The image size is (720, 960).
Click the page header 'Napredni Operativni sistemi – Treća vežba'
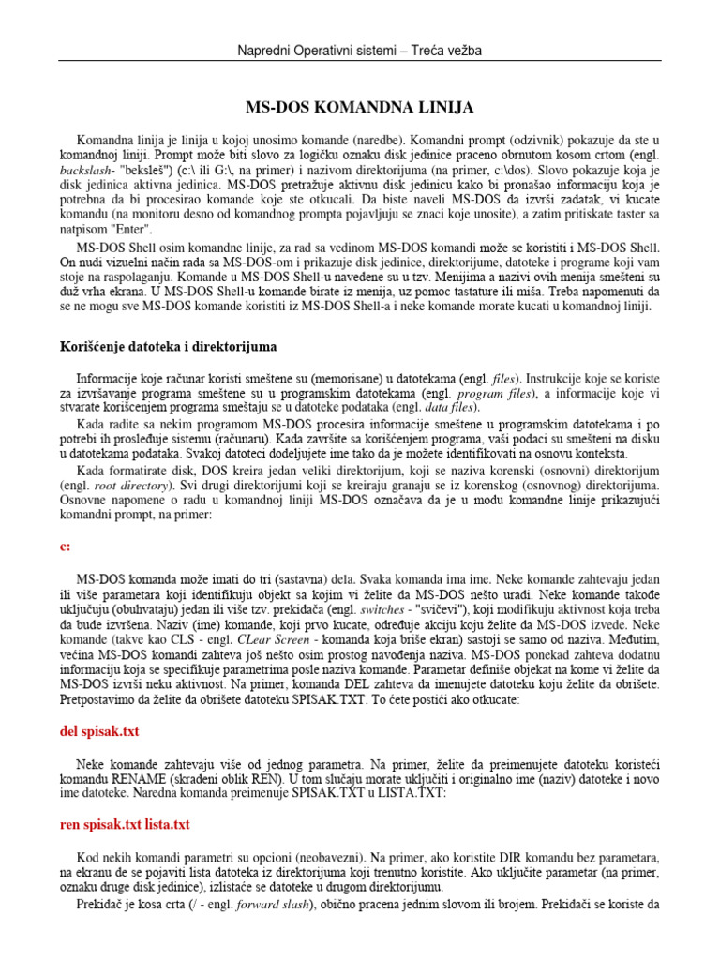360,50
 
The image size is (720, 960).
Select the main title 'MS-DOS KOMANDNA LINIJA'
359,108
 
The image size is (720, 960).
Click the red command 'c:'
66,546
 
